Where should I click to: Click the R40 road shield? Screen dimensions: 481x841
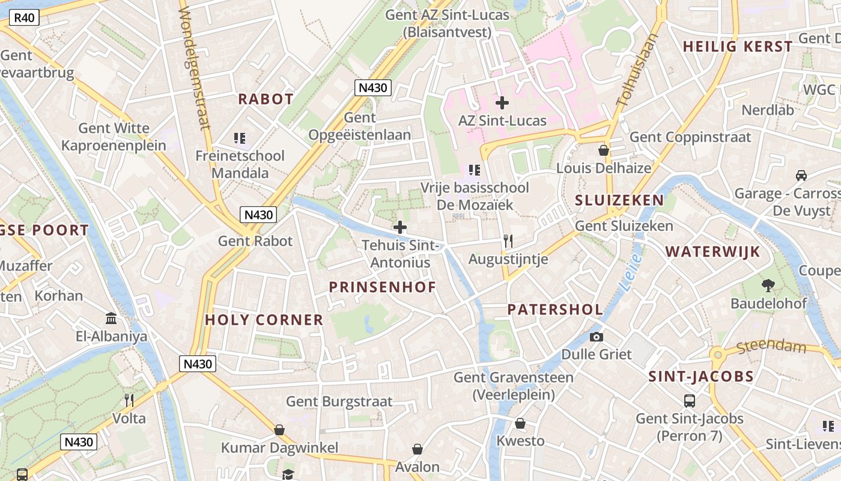tap(24, 17)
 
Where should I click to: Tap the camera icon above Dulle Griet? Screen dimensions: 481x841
tap(597, 337)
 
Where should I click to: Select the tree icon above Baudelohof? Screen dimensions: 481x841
tap(768, 285)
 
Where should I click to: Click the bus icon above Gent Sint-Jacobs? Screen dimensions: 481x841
tap(690, 400)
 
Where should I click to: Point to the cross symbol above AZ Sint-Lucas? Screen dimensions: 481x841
tap(502, 103)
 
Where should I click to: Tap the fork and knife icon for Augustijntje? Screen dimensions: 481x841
tap(508, 241)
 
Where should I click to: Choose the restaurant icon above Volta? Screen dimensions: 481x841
tap(129, 400)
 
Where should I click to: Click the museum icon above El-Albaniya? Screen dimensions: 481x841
tap(111, 318)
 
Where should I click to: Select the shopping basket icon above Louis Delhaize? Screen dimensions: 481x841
tap(604, 150)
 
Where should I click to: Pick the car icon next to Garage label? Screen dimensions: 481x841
tap(801, 175)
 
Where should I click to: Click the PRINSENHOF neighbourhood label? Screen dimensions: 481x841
tap(382, 287)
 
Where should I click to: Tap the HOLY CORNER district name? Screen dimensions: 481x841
tap(264, 320)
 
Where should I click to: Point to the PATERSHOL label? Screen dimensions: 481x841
tap(555, 310)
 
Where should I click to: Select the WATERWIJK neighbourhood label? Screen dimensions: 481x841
tap(712, 251)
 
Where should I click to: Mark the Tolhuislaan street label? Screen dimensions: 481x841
tap(637, 70)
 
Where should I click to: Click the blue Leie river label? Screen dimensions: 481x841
tap(632, 272)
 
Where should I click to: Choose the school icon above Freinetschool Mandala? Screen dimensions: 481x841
tap(240, 139)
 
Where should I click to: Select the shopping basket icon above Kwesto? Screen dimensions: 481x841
tap(520, 423)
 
